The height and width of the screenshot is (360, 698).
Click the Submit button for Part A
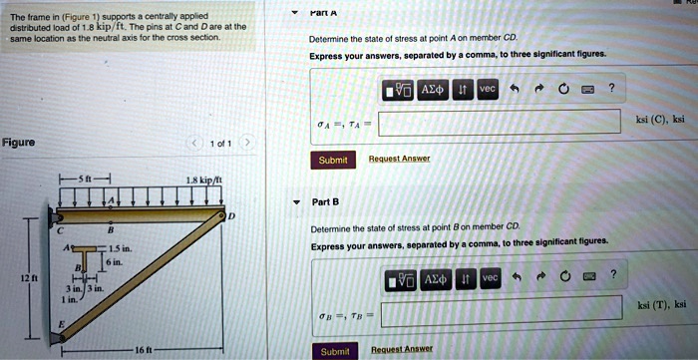[x=332, y=160]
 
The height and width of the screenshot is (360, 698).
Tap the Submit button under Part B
[x=335, y=351]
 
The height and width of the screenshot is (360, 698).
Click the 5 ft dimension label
[x=90, y=180]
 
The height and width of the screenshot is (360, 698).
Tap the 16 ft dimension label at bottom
[x=145, y=351]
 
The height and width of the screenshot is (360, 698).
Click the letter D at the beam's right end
[x=233, y=215]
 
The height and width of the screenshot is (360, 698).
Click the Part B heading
[x=326, y=201]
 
